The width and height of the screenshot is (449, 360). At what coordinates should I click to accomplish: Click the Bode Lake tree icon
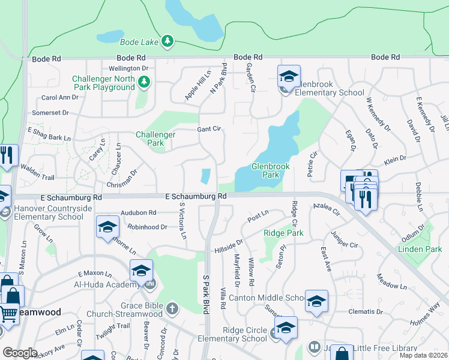[x=168, y=41]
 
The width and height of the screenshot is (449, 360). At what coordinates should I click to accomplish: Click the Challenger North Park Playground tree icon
[x=143, y=82]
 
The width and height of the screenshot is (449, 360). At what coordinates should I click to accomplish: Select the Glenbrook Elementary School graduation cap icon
[x=289, y=77]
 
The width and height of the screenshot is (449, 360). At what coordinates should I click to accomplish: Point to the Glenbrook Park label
[x=266, y=170]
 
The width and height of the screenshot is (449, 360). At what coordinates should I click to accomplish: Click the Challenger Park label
[x=155, y=139]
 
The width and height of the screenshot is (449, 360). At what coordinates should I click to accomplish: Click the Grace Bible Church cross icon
[x=172, y=309]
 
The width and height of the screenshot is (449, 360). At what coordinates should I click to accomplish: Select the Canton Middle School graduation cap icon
[x=316, y=302]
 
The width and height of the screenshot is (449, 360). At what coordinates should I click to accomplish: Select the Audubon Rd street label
[x=138, y=212]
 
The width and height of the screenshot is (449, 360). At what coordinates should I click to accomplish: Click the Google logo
[x=19, y=353]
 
